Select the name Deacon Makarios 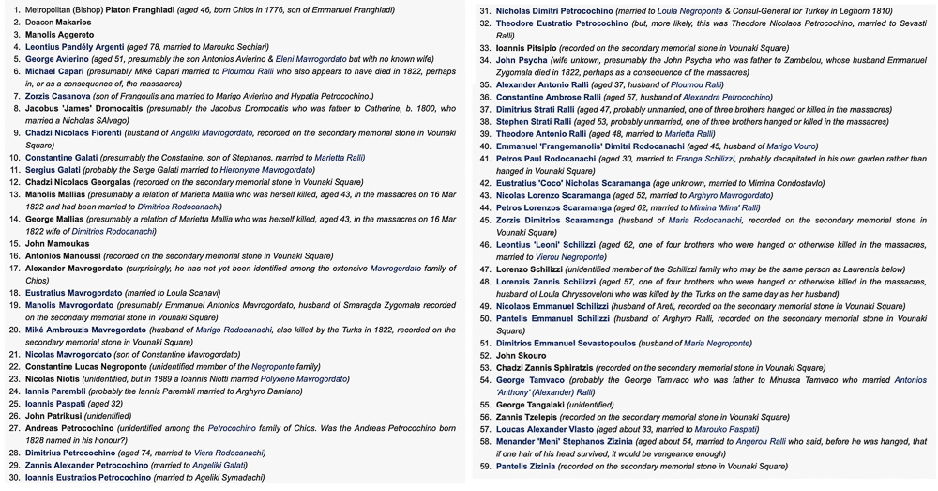[59, 23]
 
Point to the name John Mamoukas [57, 243]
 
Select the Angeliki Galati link [219, 465]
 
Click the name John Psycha [522, 60]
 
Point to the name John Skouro [521, 356]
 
